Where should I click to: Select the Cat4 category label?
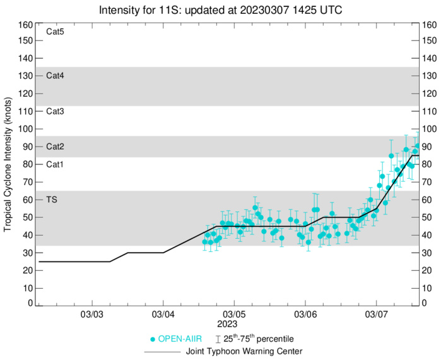click(56, 76)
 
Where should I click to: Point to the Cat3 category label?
click(56, 111)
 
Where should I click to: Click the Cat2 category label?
click(56, 147)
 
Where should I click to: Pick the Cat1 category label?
click(56, 164)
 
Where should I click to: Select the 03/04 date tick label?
click(163, 314)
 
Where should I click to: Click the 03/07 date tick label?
click(377, 314)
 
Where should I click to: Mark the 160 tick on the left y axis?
click(25, 25)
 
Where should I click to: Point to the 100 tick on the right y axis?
click(430, 129)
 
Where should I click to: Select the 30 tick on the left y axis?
click(28, 253)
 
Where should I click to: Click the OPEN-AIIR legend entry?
click(178, 339)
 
